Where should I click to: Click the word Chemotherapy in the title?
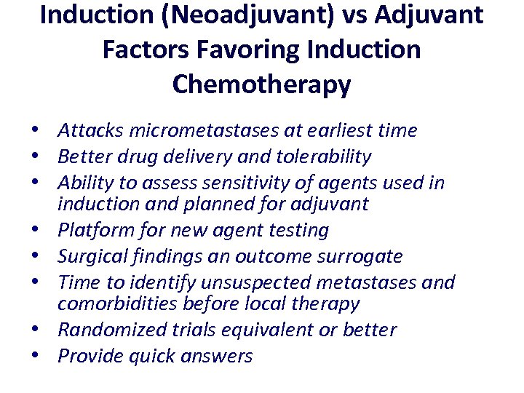point(261,85)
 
